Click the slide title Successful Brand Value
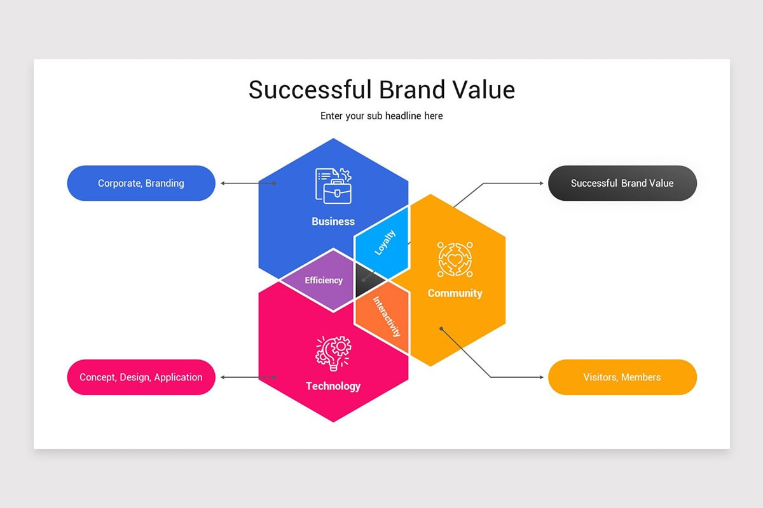[381, 90]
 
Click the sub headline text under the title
[381, 116]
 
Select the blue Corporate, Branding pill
[141, 184]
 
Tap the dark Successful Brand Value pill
[622, 184]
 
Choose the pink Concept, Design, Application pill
[141, 377]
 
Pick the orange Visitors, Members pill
[622, 377]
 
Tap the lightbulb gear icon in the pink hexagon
[333, 353]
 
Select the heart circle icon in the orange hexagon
[455, 259]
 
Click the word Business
[333, 222]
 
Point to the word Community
[455, 293]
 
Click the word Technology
[333, 386]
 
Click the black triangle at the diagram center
[369, 280]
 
